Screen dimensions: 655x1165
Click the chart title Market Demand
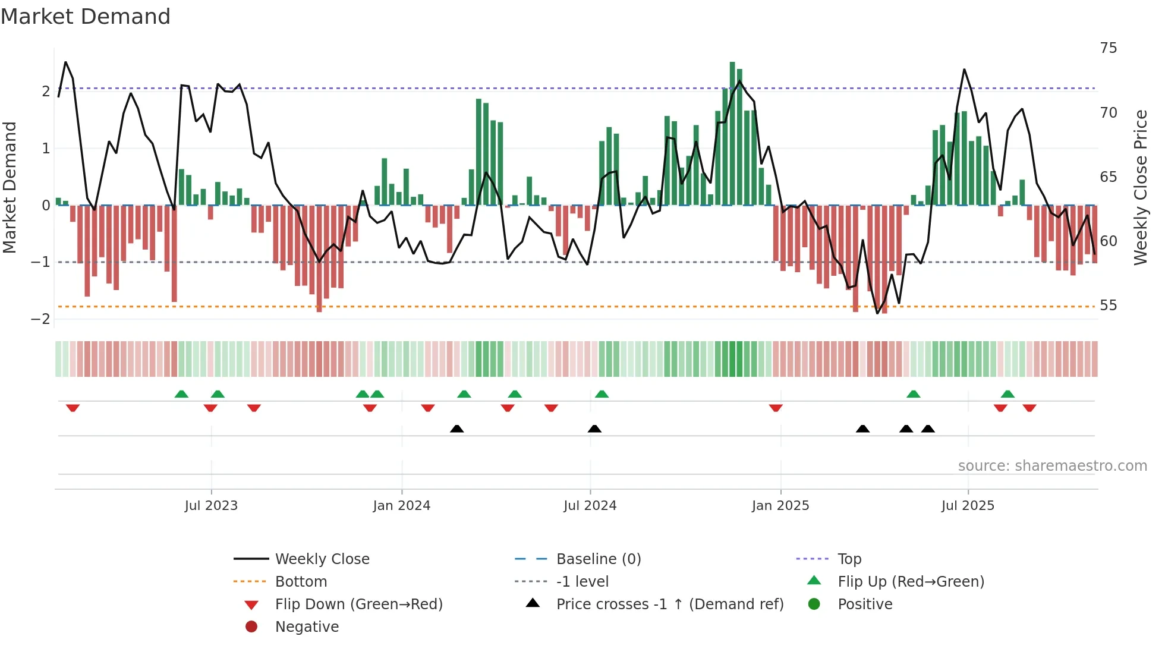pos(86,17)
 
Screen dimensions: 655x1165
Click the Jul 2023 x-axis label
pos(211,506)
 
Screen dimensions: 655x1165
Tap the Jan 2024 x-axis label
pos(402,506)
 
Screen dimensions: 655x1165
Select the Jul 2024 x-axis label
pos(590,506)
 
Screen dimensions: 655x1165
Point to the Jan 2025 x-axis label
pos(780,506)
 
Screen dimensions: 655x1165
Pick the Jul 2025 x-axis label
pos(968,506)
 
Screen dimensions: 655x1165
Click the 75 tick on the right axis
pos(1109,48)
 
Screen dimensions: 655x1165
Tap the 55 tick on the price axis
pos(1109,306)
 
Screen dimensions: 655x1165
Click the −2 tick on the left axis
pos(41,319)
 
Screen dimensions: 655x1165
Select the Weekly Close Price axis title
pos(1140,187)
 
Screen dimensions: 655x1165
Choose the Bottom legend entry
pos(301,582)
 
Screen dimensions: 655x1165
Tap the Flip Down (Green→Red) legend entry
pos(358,604)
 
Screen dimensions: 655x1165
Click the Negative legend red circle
pos(251,627)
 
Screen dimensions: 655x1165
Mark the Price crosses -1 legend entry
pos(670,604)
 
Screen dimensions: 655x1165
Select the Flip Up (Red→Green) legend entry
pos(911,582)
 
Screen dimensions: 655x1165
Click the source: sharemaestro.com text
pos(1052,466)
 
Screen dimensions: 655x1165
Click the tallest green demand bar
pos(732,134)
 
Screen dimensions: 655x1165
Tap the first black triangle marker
pos(456,429)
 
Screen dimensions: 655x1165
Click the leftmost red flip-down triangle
pos(73,408)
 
